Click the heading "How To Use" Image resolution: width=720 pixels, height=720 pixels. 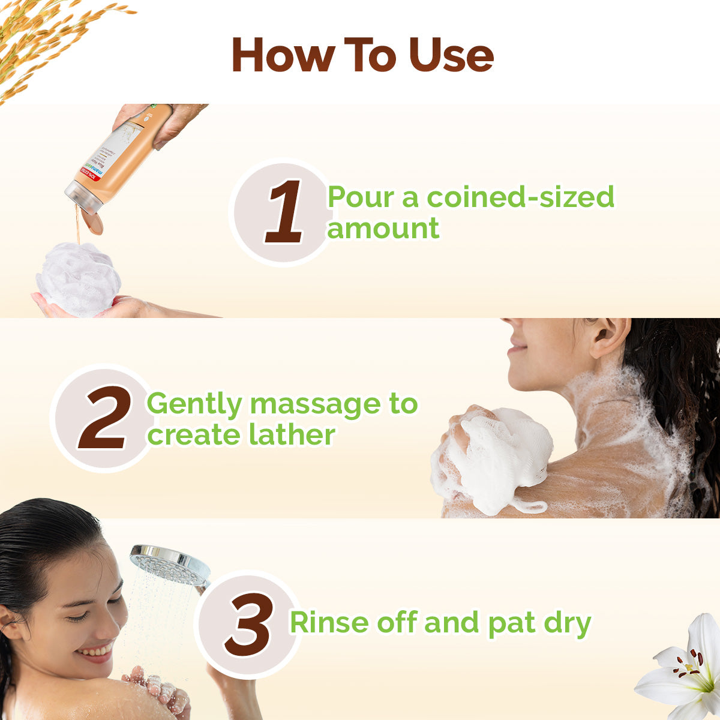pyautogui.click(x=362, y=55)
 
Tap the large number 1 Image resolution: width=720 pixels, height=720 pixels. pyautogui.click(x=284, y=213)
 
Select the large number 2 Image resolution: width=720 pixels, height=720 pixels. pyautogui.click(x=104, y=418)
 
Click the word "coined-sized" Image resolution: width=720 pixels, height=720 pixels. pyautogui.click(x=520, y=197)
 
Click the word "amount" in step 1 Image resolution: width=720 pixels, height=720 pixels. pyautogui.click(x=383, y=229)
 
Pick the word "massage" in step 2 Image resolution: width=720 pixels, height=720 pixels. pyautogui.click(x=314, y=404)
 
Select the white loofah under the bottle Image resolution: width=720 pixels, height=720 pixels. pyautogui.click(x=78, y=279)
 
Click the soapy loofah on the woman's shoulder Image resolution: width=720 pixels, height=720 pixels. pyautogui.click(x=498, y=456)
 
